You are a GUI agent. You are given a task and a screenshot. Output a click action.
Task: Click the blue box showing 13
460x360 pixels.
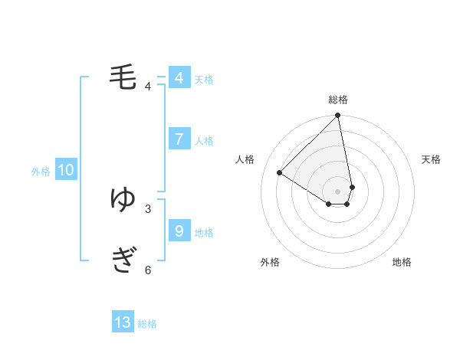coord(123,322)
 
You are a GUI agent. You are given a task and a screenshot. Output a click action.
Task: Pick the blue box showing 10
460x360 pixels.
coord(66,171)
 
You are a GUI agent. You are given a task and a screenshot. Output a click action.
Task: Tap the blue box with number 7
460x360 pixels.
coord(179,139)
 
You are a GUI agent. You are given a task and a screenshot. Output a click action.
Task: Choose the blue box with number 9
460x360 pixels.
coord(179,230)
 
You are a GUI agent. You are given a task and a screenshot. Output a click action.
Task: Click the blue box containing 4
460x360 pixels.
coord(179,78)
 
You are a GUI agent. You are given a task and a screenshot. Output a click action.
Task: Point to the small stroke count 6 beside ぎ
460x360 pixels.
coord(148,270)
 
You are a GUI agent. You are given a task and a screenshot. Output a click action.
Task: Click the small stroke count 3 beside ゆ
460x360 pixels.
coord(148,208)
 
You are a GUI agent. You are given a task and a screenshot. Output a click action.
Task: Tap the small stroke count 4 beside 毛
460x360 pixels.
coord(148,86)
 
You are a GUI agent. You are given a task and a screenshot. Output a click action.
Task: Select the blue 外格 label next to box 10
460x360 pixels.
coord(41,172)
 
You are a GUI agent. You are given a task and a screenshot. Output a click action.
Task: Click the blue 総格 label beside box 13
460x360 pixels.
coord(147,324)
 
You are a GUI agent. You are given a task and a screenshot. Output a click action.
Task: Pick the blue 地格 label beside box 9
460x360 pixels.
coord(204,232)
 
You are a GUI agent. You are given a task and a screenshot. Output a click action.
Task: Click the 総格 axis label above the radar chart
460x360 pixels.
coord(338,100)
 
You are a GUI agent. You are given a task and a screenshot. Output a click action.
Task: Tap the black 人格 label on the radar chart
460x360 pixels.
coord(245,159)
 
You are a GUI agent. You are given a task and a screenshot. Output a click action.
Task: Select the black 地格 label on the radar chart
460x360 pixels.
coord(402,262)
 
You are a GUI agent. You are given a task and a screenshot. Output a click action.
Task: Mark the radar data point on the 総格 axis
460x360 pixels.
coord(338,116)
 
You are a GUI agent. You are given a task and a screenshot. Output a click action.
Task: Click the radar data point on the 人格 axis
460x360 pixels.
coord(280,173)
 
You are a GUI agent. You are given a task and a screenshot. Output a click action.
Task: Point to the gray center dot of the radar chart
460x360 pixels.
coord(338,191)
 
